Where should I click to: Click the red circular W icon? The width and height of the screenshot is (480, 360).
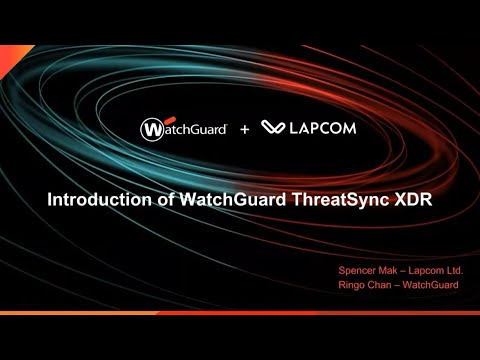pos(152,128)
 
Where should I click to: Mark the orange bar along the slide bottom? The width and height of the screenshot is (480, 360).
pos(240,312)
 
